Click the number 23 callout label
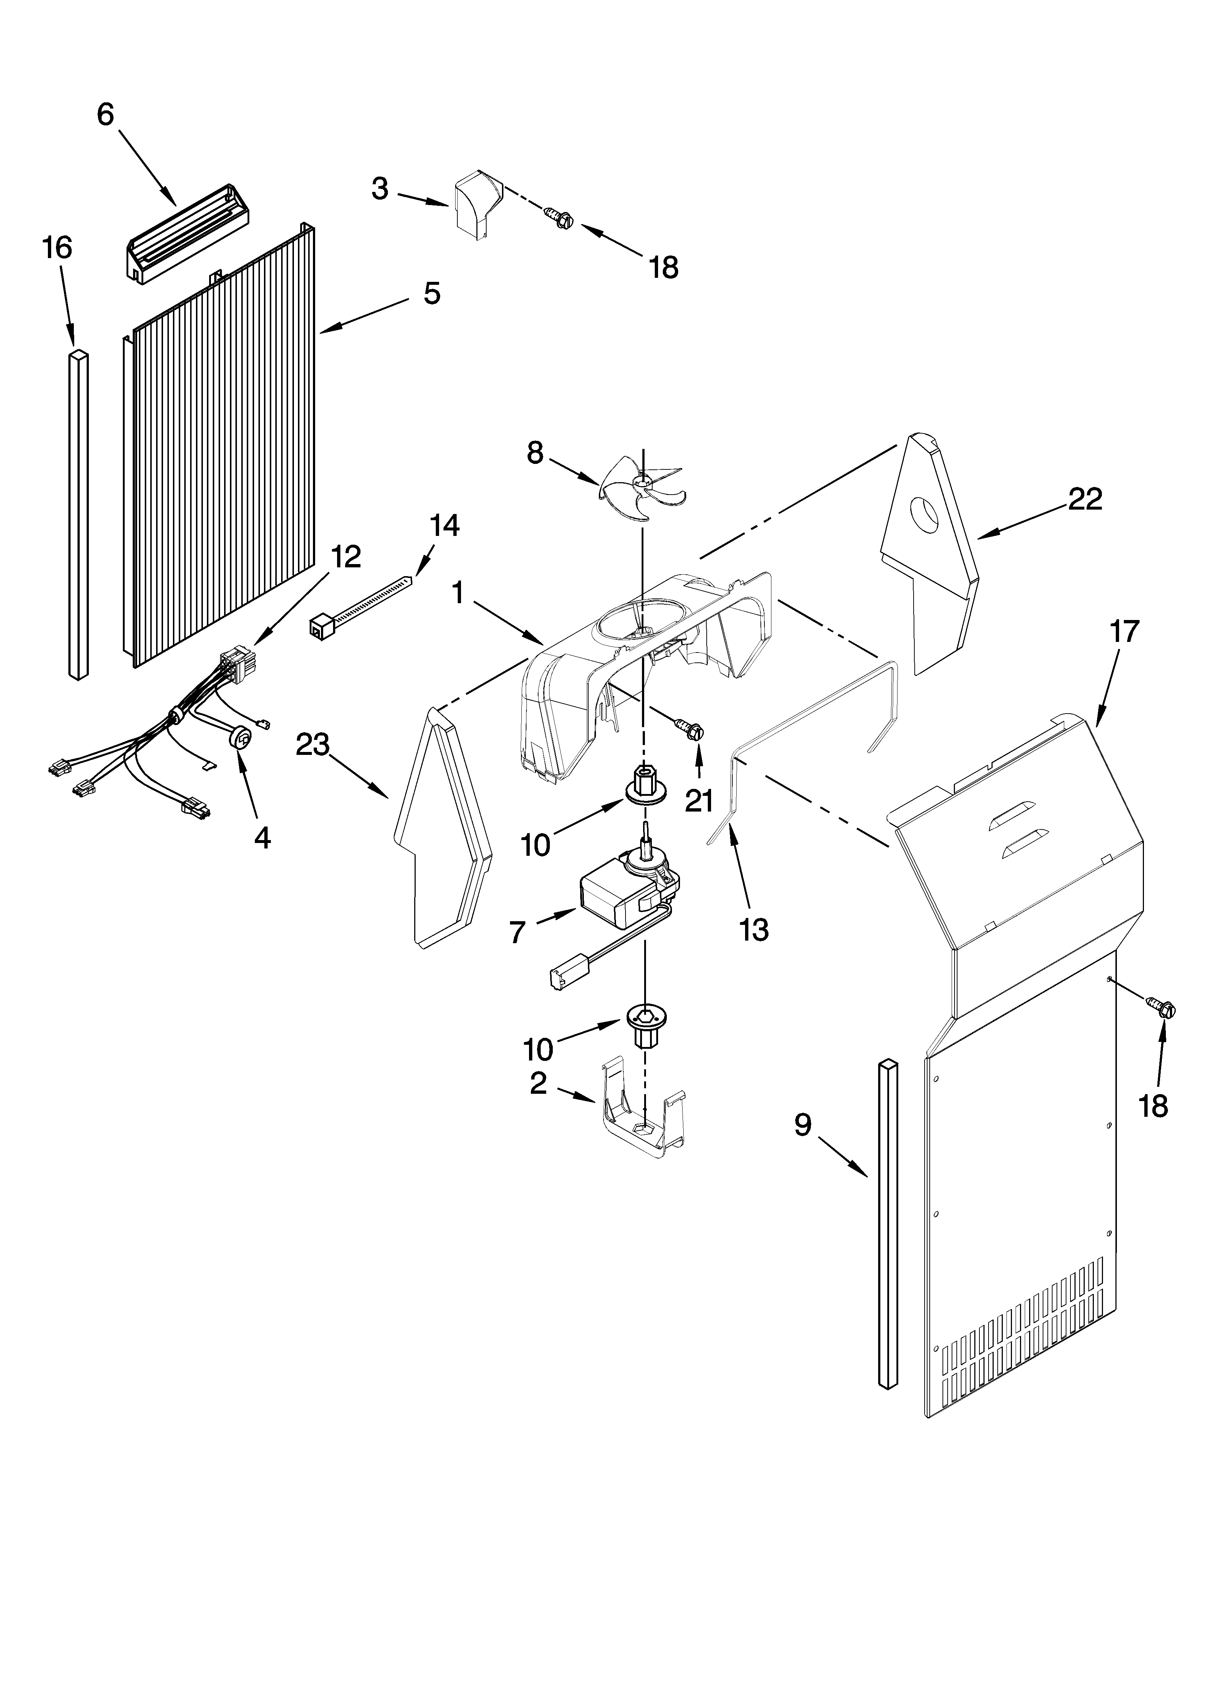coord(312,744)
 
